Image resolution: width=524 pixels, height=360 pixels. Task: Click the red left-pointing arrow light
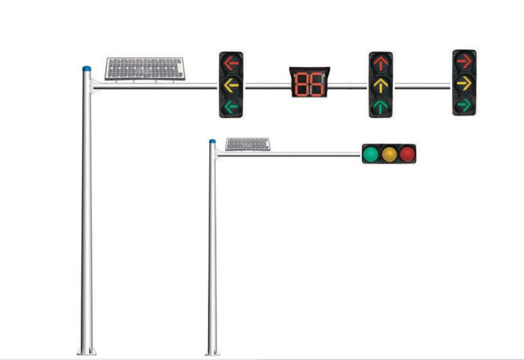coord(231,63)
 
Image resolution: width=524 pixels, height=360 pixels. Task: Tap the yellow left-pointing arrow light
coord(231,84)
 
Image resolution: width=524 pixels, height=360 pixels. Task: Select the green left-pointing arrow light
coord(231,106)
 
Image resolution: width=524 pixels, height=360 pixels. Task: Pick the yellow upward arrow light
coord(380,85)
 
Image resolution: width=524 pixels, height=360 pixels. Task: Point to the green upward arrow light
coord(380,106)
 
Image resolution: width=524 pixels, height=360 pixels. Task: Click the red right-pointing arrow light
coord(464,62)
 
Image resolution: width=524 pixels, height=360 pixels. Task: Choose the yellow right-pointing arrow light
coord(464,83)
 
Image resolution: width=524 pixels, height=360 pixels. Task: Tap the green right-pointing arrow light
coord(464,105)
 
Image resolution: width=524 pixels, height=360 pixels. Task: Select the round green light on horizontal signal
coord(371,154)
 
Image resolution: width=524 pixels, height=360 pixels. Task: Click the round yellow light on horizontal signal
coord(389,154)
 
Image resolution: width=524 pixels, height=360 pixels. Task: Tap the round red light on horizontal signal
coord(407,154)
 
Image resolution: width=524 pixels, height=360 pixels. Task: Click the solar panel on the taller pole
coord(145,69)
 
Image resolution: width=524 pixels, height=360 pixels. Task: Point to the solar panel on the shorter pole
coord(248,144)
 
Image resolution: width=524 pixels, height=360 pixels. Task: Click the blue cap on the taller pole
coord(86,69)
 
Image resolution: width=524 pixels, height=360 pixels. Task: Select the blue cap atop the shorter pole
coord(212,141)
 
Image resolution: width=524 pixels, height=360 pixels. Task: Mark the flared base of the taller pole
coord(87,351)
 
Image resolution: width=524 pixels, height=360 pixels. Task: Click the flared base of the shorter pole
coord(212,352)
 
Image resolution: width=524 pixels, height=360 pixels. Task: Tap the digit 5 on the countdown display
coord(317,84)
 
